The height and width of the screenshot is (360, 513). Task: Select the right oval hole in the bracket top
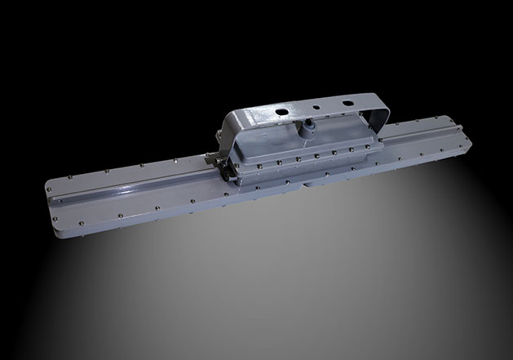point(347,102)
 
